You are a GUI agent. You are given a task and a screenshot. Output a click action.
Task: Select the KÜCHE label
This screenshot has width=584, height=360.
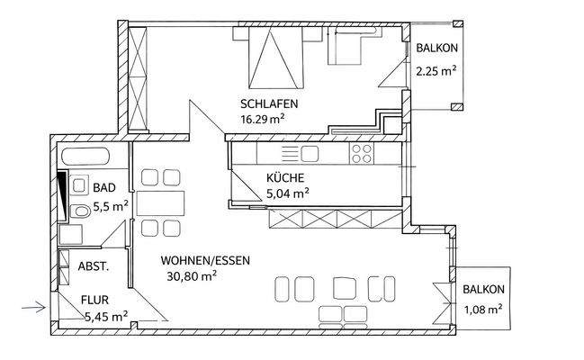[284, 176]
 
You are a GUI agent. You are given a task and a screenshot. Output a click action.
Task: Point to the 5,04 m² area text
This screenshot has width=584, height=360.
[287, 192]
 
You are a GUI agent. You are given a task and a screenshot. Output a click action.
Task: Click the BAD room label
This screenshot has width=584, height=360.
[103, 188]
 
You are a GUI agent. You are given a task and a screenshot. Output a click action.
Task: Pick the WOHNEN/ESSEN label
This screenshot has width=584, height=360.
[205, 261]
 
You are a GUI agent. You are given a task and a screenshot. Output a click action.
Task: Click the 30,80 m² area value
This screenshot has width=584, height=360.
[190, 277]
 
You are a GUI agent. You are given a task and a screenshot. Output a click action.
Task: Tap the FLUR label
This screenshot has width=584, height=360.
[95, 301]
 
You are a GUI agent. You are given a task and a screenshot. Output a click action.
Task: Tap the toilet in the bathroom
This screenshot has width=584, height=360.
[80, 211]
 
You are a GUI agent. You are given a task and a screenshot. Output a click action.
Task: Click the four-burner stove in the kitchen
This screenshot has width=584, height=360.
[363, 153]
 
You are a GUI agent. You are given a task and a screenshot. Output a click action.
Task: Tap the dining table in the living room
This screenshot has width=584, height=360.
[161, 201]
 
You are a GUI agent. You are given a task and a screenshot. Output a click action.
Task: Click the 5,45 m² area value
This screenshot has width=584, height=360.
[105, 317]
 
